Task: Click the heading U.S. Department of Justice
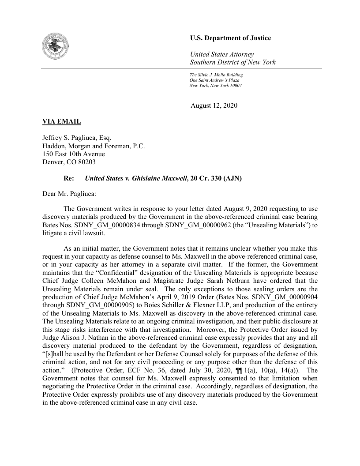point(230,38)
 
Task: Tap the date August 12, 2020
point(214,105)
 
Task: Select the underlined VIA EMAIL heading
point(61,121)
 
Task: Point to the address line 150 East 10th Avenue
point(73,154)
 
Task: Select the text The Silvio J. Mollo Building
point(216,75)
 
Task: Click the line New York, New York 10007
point(216,85)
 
